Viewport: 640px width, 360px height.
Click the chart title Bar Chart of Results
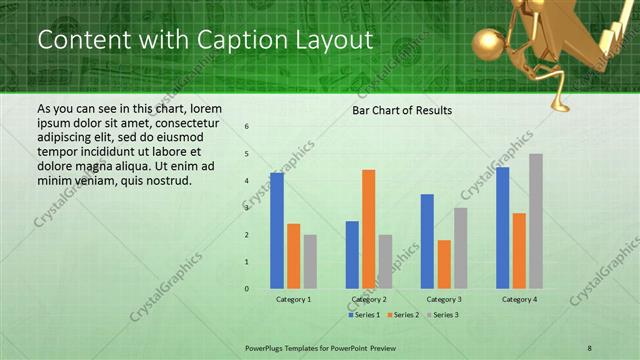402,110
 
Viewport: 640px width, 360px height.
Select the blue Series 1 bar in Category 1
277,230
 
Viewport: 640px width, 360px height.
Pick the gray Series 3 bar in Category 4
536,221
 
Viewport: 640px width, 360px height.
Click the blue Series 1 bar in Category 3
427,241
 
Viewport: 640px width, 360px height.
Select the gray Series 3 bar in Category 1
310,261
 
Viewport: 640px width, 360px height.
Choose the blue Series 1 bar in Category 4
502,227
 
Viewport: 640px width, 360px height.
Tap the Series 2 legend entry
404,315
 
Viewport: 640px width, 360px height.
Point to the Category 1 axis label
293,299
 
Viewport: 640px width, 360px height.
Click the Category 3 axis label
444,299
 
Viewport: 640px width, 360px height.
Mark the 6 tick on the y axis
247,127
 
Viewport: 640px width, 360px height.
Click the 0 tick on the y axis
247,289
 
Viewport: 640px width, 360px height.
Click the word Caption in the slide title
215,40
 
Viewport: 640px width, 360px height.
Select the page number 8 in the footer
589,346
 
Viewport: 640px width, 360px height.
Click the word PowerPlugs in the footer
267,346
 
